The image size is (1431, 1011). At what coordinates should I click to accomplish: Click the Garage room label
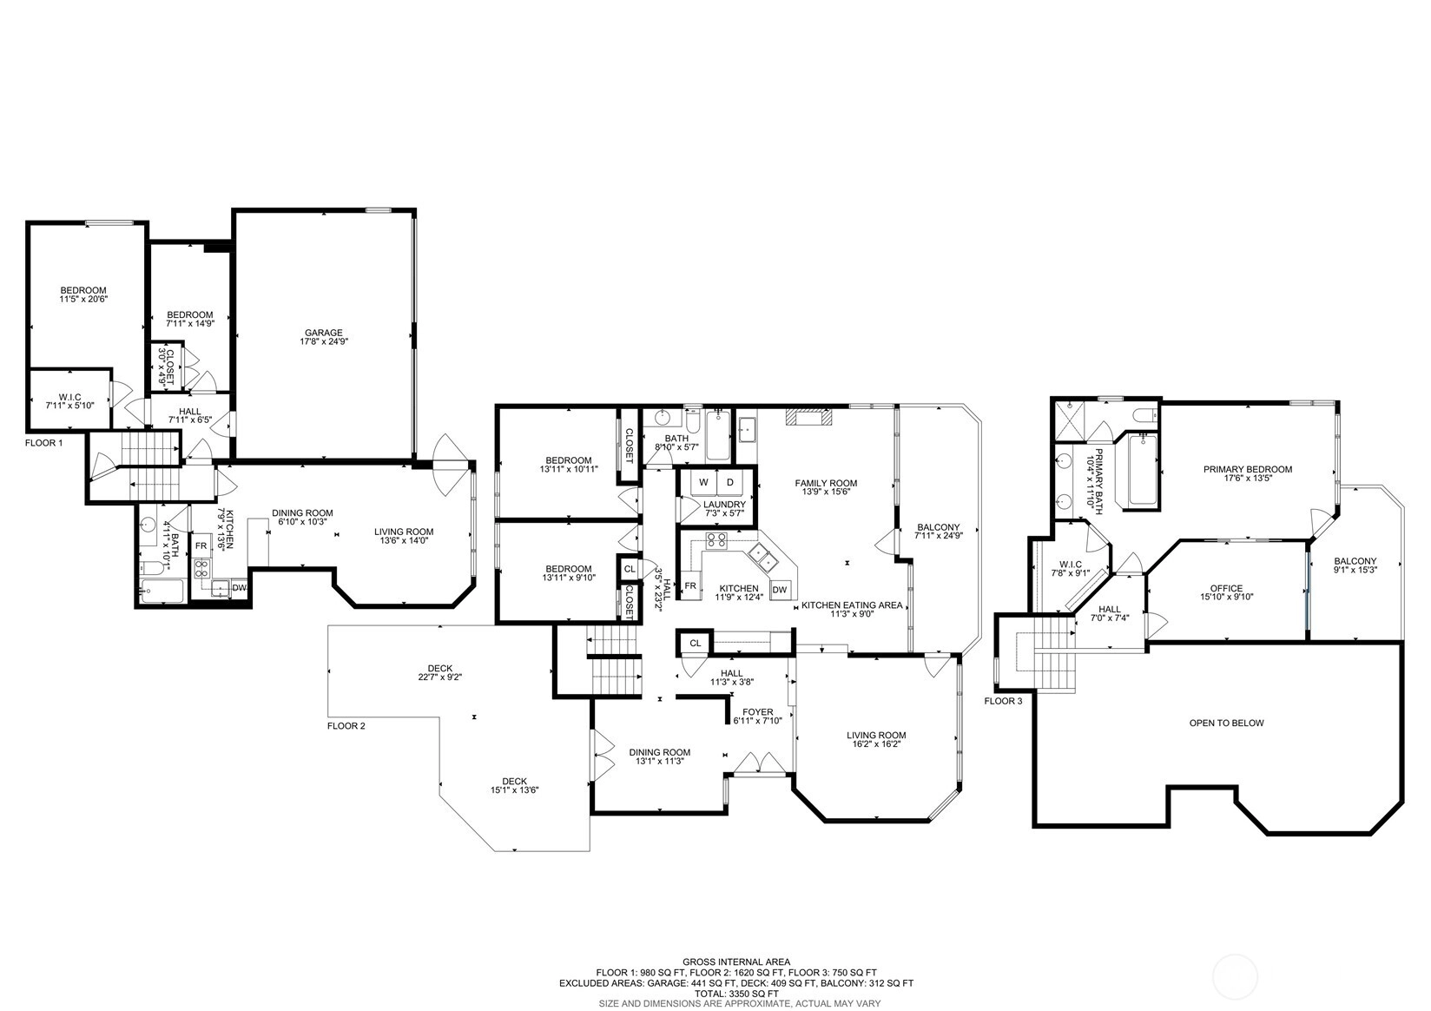pos(323,333)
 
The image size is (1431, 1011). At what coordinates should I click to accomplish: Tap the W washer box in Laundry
pos(703,483)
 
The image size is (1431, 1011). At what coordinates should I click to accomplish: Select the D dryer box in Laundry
pos(729,483)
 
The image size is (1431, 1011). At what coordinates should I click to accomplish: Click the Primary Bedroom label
pos(1247,469)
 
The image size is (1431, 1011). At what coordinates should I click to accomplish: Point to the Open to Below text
pos(1226,723)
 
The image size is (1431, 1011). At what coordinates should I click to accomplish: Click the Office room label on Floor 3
pos(1226,588)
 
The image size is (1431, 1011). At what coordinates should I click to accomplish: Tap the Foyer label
pos(758,712)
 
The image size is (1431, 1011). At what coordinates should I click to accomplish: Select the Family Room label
pos(826,483)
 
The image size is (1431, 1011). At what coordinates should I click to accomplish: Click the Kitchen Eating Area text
pos(852,605)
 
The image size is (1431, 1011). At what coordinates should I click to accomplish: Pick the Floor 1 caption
pos(44,442)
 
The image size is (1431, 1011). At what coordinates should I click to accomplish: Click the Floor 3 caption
pos(1003,701)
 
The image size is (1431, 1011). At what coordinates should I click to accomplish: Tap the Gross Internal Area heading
pos(736,961)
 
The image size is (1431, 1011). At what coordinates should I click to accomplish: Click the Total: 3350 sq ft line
pos(736,994)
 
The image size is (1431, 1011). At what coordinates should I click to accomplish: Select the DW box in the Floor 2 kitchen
pos(780,590)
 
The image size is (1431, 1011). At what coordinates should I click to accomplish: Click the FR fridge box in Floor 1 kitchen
pos(201,545)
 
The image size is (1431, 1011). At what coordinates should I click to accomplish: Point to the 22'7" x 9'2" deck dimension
pos(439,677)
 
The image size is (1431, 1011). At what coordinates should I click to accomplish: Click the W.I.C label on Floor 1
pos(69,397)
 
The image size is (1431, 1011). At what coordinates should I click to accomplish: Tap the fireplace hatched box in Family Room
pos(809,416)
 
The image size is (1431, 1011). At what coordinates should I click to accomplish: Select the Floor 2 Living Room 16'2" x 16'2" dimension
pos(876,743)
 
